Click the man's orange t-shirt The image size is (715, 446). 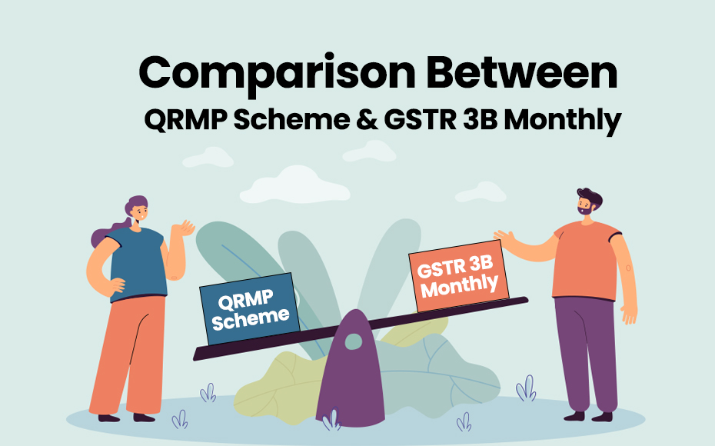(x=587, y=258)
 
